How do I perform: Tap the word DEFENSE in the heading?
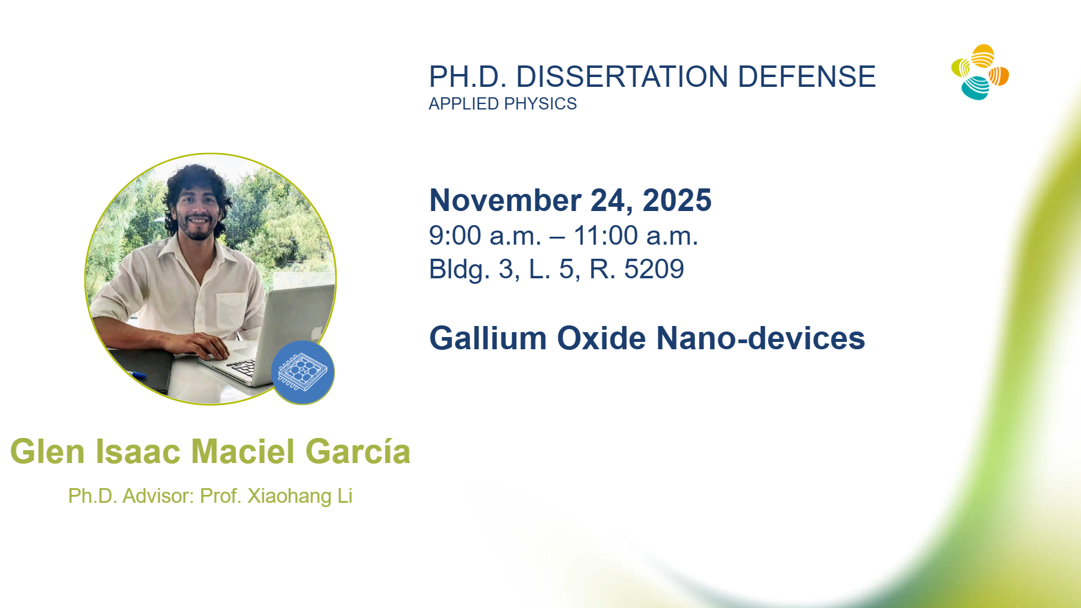[807, 76]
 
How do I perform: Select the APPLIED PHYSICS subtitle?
[502, 104]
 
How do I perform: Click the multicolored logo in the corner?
[980, 72]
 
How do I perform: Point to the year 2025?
[677, 200]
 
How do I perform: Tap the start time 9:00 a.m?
[485, 235]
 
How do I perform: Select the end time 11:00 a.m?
[636, 235]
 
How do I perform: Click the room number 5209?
[654, 269]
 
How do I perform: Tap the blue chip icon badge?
[303, 373]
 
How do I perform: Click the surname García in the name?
[358, 451]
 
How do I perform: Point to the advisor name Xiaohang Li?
[299, 496]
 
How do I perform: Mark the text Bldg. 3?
[471, 269]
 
